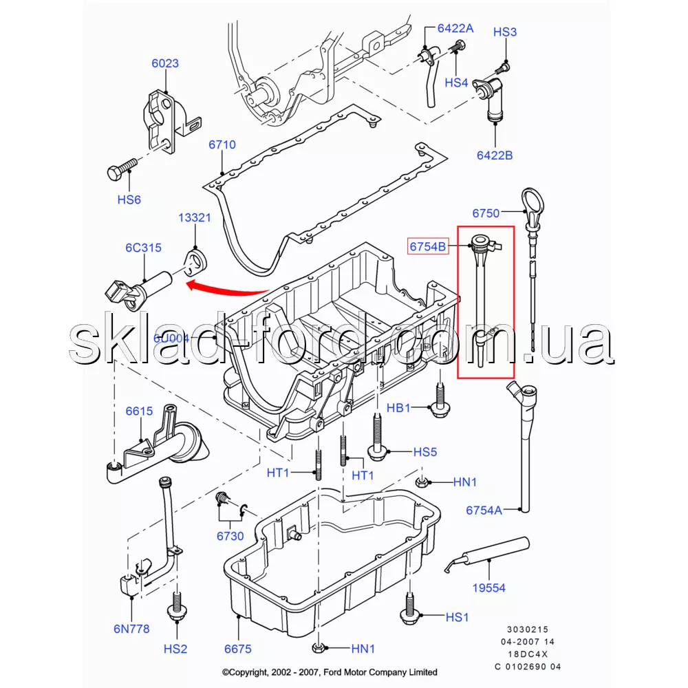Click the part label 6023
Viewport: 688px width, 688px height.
click(165, 63)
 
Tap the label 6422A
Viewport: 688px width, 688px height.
click(455, 28)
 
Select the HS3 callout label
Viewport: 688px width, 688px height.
click(505, 32)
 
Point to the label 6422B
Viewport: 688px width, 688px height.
click(495, 155)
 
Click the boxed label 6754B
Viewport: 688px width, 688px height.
click(428, 246)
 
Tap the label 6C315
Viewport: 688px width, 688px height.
click(143, 248)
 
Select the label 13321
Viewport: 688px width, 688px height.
click(195, 218)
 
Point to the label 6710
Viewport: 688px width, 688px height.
click(222, 145)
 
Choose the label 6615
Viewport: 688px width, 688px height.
click(139, 411)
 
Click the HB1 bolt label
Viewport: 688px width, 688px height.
click(398, 408)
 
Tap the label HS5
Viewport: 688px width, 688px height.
click(425, 452)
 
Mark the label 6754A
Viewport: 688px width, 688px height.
click(484, 510)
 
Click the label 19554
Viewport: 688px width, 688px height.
click(489, 588)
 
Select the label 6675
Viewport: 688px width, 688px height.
click(237, 649)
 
